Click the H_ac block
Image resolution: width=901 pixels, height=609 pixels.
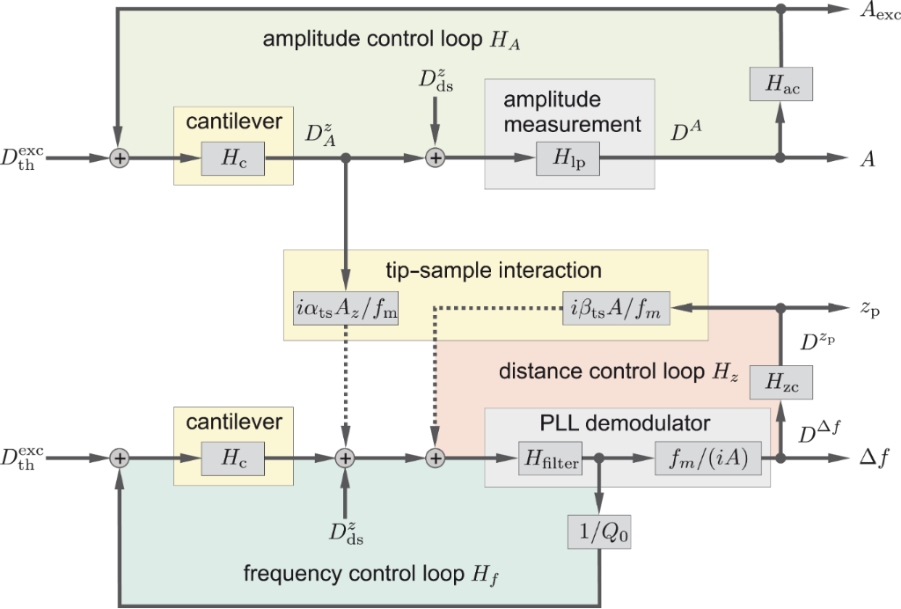780,84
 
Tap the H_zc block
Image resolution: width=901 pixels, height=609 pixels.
780,382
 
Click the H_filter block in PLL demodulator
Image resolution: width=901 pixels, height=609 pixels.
550,459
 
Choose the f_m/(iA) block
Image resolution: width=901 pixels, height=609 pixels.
702,459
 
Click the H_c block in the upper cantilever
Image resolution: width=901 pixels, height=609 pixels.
233,158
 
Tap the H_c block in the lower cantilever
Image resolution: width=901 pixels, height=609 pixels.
233,459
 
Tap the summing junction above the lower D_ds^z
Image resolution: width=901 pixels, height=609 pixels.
345,459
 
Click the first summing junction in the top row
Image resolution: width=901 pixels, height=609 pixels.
119,158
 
